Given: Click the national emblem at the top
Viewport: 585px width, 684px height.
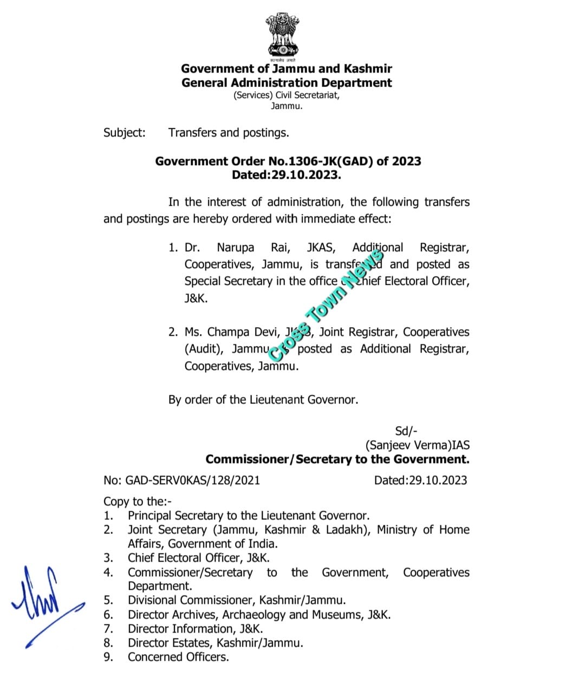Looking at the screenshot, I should click(x=282, y=35).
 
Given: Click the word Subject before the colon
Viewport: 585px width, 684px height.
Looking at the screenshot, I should click(x=123, y=133).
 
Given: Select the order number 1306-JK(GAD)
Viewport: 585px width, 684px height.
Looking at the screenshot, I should click(x=327, y=161).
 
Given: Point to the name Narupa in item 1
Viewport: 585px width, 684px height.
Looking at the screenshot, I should click(x=236, y=247).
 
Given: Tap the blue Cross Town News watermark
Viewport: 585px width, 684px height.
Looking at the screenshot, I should click(x=325, y=306).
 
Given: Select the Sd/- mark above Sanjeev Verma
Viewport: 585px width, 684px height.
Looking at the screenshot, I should click(x=406, y=431).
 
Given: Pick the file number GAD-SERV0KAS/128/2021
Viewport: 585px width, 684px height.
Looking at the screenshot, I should click(x=193, y=480).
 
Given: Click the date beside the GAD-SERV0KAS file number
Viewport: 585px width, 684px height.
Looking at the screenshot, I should click(x=420, y=480).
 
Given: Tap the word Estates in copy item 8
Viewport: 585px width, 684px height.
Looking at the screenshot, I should click(x=192, y=643).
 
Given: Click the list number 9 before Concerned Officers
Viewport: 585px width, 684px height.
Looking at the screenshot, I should click(x=108, y=657).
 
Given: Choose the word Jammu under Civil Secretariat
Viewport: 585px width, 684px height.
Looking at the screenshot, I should click(x=286, y=106).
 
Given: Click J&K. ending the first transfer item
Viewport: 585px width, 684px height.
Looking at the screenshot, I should click(x=196, y=298).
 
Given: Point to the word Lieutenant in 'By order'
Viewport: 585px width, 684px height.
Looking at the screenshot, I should click(x=276, y=400).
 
